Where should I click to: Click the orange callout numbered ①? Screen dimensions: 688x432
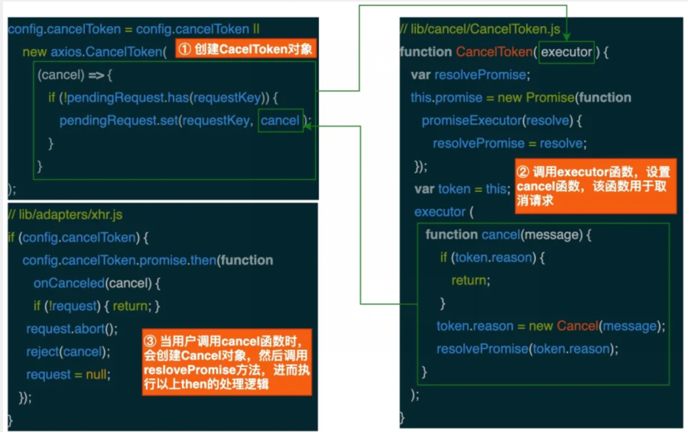245,48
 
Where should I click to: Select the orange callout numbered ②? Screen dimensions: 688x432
596,186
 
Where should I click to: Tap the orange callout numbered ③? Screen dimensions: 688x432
227,362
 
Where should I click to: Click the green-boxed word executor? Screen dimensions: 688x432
566,52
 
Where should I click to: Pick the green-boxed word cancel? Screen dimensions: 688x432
281,120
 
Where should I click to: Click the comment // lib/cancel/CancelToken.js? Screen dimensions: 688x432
481,29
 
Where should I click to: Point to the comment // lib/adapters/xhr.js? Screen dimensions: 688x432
66,215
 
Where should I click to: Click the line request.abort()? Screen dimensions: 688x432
72,329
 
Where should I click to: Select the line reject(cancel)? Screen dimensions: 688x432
68,352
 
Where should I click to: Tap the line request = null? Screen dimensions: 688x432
68,375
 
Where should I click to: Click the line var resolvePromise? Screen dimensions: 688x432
470,75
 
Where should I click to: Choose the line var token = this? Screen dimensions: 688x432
462,189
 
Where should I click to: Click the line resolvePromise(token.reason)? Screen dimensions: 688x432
527,349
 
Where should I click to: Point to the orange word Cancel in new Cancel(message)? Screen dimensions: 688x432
577,326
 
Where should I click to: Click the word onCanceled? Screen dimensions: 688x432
69,283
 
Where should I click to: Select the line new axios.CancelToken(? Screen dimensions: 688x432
95,52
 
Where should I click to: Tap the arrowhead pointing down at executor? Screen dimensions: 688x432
566,37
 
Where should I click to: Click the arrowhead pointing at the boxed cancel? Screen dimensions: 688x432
307,126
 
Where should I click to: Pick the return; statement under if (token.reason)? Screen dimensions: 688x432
471,280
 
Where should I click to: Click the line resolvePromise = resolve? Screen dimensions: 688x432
510,144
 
